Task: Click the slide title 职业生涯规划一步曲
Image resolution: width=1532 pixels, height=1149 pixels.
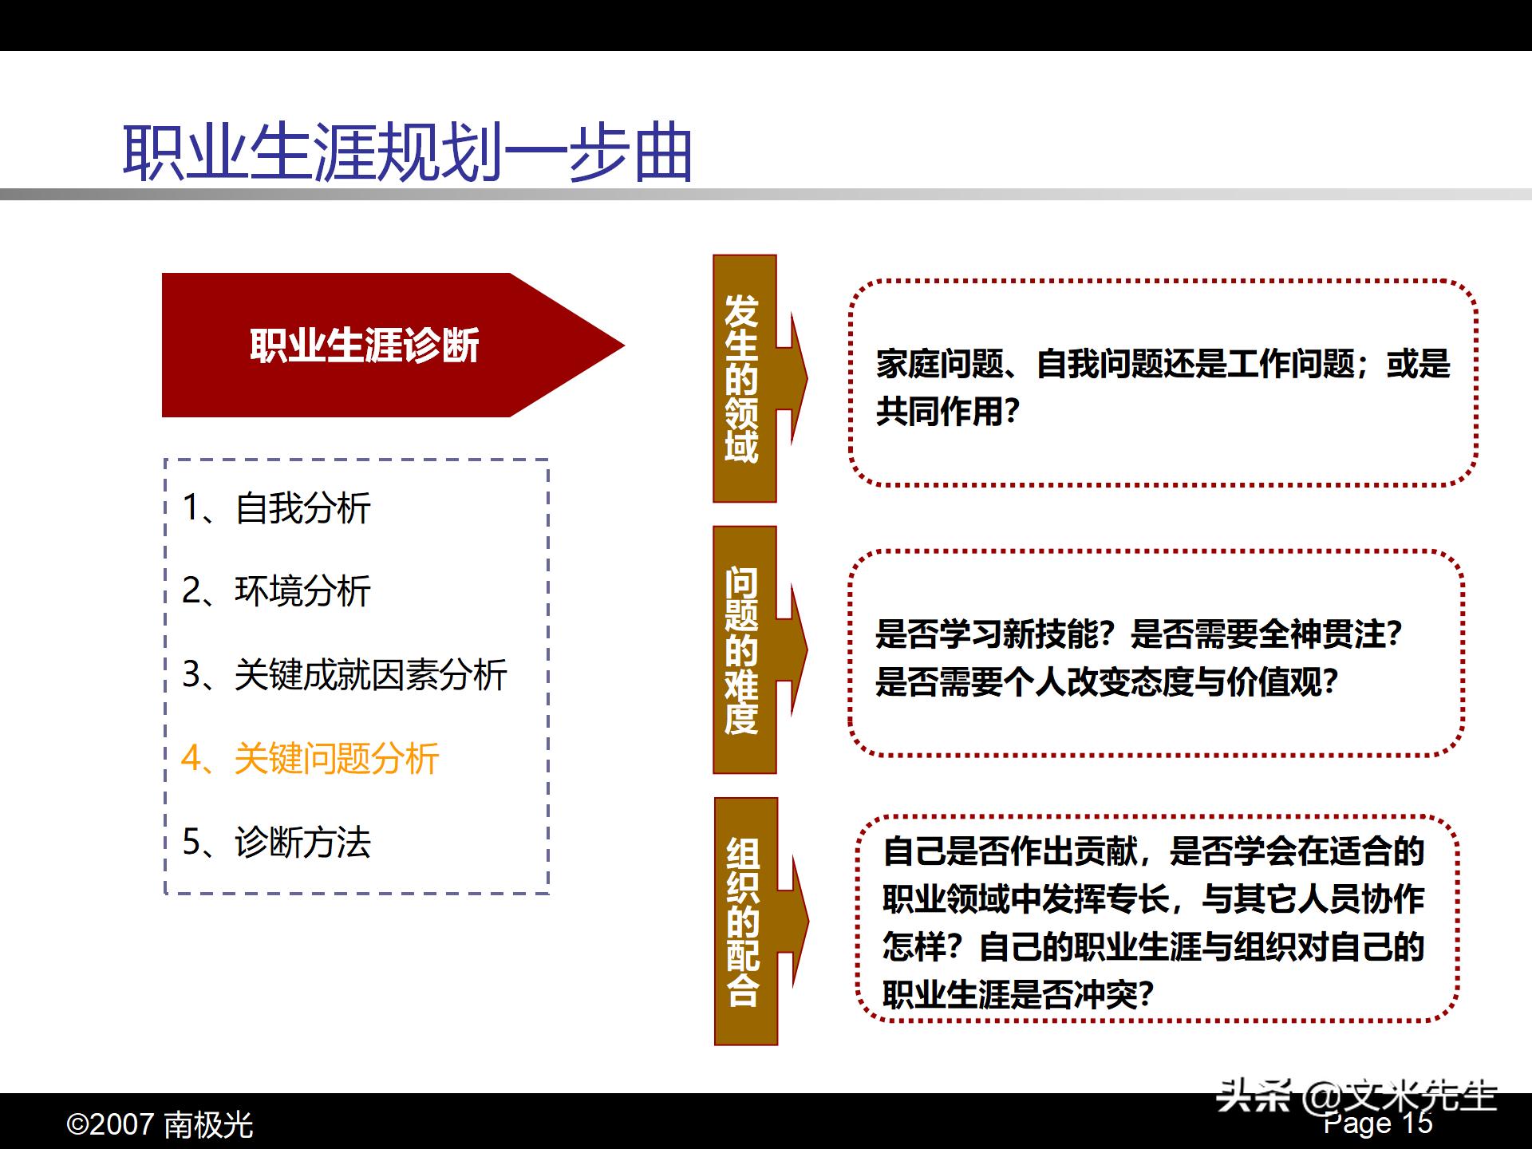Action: click(407, 152)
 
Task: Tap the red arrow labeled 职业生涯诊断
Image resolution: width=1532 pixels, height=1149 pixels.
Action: click(365, 345)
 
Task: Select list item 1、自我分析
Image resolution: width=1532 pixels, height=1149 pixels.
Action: click(276, 508)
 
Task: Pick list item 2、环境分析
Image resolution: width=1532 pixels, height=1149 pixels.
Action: click(276, 591)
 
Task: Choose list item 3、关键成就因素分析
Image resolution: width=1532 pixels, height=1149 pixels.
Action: click(344, 675)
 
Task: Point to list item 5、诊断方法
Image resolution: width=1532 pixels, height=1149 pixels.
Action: click(276, 842)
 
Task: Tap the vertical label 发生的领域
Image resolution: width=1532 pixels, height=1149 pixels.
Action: click(741, 378)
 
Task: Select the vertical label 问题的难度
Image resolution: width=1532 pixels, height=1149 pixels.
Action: click(741, 650)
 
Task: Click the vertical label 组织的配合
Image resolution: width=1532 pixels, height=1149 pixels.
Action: click(743, 921)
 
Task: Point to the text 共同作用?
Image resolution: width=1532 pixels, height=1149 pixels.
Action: click(948, 412)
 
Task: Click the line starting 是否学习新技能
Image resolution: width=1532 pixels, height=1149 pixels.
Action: click(1138, 634)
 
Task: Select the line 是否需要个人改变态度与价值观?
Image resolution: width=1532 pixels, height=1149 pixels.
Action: click(1106, 682)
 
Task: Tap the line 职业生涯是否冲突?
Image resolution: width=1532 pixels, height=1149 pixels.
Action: click(1018, 994)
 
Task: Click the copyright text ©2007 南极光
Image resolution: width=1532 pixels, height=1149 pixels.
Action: click(160, 1124)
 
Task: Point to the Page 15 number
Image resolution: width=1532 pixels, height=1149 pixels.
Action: click(1378, 1124)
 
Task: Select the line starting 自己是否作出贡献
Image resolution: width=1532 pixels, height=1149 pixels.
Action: click(1153, 851)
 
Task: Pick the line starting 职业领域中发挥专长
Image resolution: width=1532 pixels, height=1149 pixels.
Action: click(1153, 899)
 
